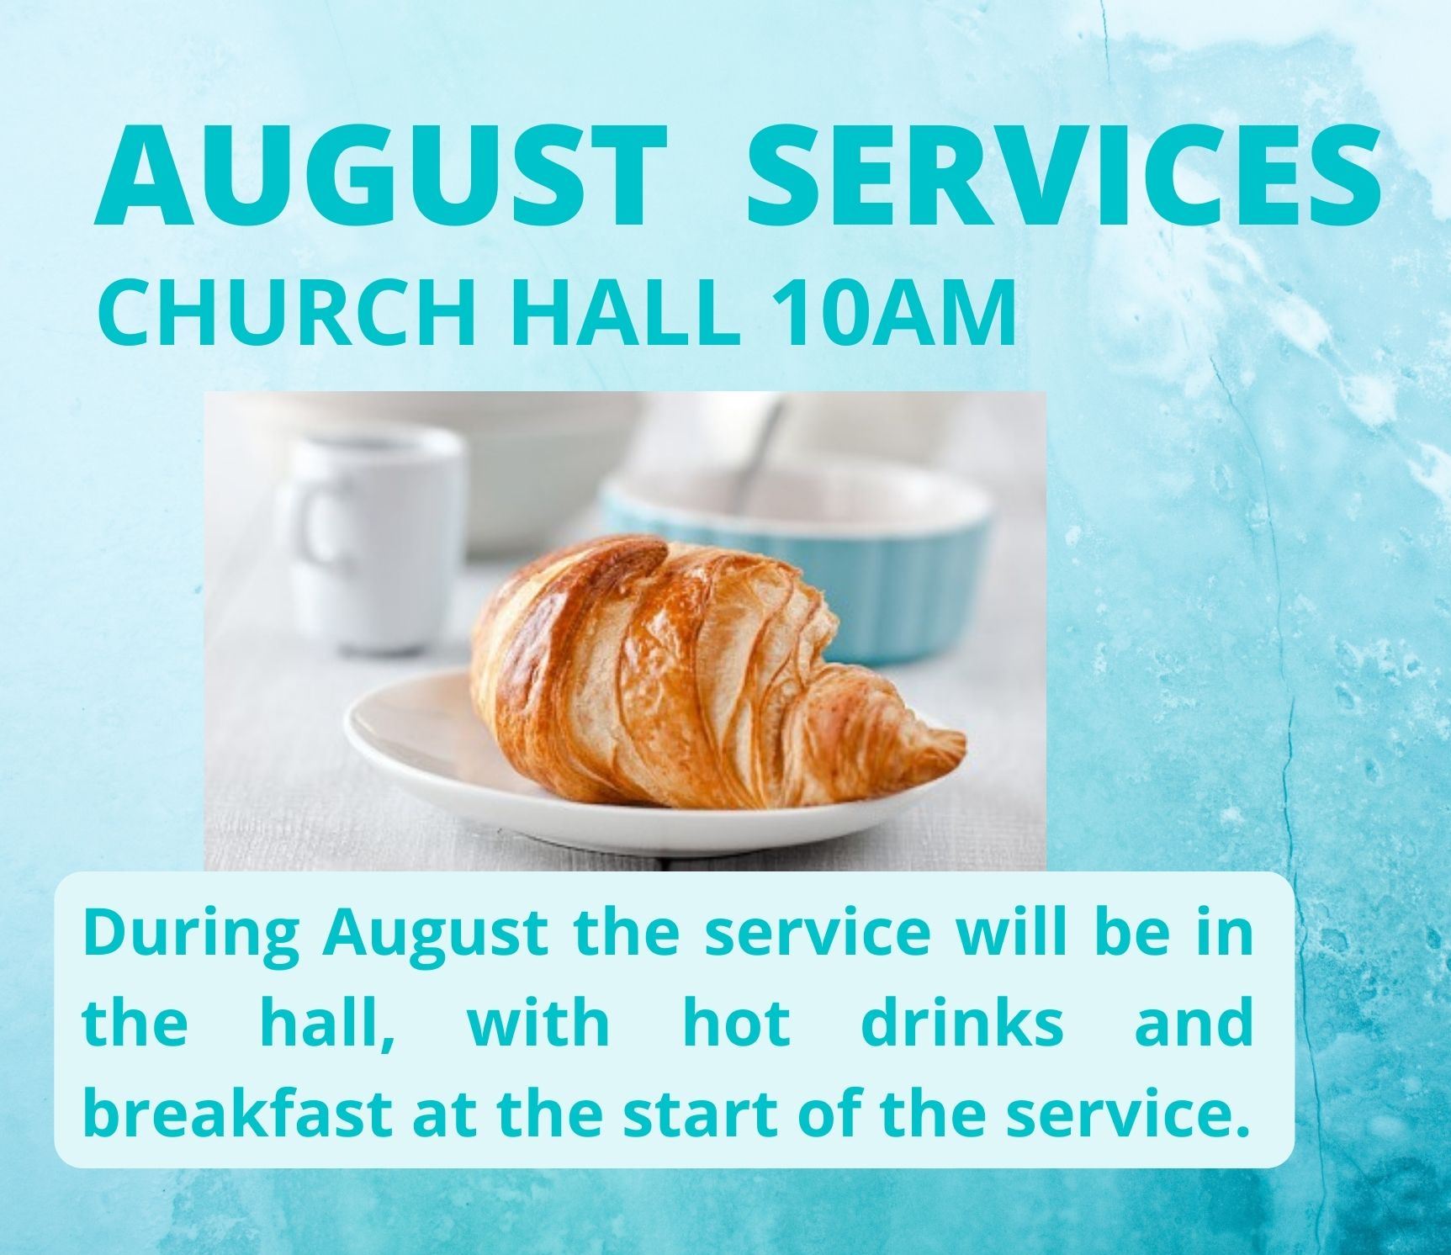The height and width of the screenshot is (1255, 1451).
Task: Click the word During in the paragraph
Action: tap(192, 935)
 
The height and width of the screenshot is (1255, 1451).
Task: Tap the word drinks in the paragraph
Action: tap(962, 1023)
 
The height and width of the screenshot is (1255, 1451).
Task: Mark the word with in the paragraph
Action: tap(538, 1023)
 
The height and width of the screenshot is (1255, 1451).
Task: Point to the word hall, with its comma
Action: tap(329, 1025)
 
